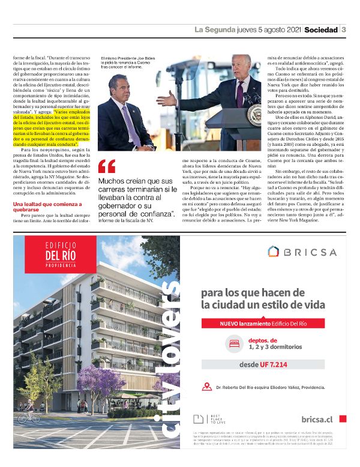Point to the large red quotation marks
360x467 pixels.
(106, 166)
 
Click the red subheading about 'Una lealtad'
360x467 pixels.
(43, 208)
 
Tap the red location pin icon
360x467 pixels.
(207, 387)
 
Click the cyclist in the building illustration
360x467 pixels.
(28, 414)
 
